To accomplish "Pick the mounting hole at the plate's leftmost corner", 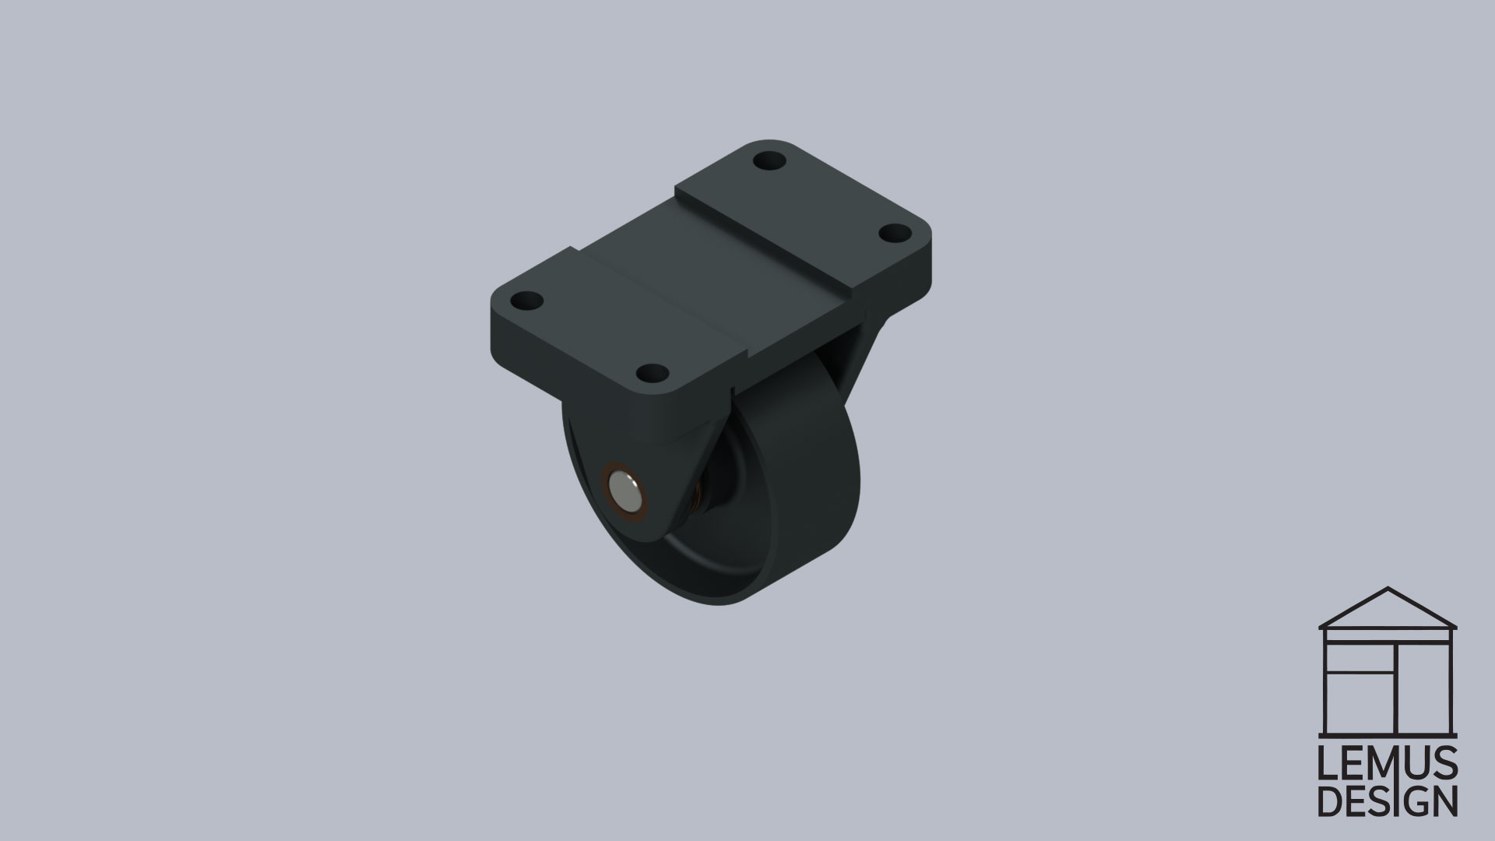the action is pos(529,300).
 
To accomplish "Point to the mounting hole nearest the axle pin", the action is pos(652,374).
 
